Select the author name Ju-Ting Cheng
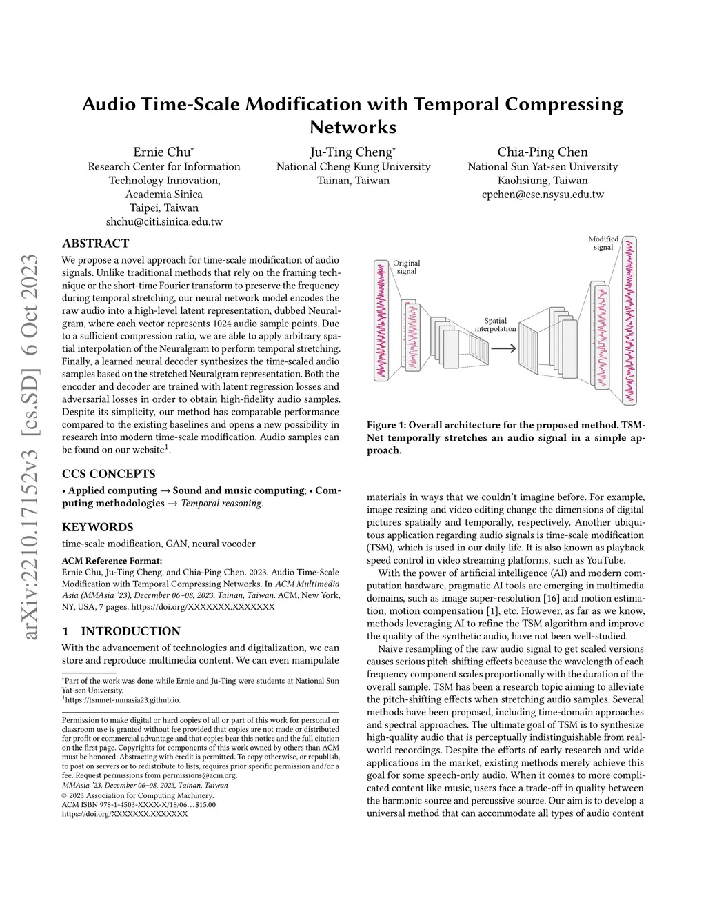(x=352, y=152)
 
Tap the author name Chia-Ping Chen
(x=543, y=152)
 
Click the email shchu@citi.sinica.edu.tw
(x=164, y=222)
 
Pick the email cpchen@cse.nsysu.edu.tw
(x=543, y=195)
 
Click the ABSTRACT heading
(x=96, y=244)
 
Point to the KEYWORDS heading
(x=98, y=527)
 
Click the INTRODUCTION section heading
(x=130, y=631)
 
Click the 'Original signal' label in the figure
(x=407, y=267)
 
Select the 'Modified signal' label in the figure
(x=603, y=243)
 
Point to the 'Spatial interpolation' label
(x=495, y=324)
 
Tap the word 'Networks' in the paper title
(x=352, y=128)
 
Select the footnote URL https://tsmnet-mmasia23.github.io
(x=123, y=699)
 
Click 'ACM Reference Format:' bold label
(x=112, y=560)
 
